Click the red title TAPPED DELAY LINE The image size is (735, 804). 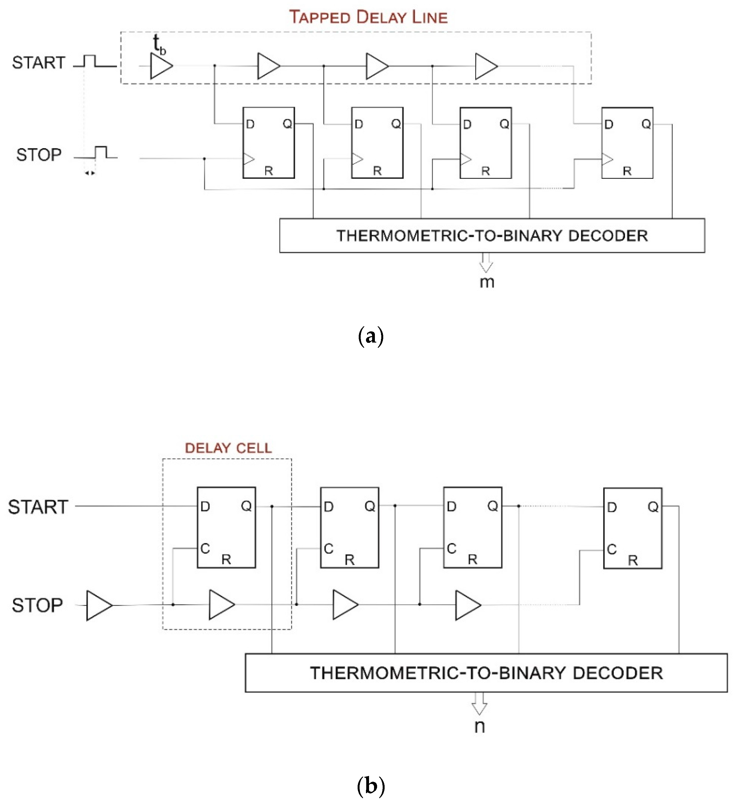click(x=368, y=17)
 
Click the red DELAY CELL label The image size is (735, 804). click(x=228, y=448)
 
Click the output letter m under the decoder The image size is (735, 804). click(x=487, y=282)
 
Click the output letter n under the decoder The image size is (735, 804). click(x=480, y=726)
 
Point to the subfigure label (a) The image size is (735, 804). click(x=371, y=336)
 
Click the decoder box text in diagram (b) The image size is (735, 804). click(x=486, y=673)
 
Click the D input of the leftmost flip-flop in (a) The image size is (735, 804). click(x=250, y=124)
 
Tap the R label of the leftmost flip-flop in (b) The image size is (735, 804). click(x=226, y=559)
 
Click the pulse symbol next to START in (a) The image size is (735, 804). click(x=94, y=62)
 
